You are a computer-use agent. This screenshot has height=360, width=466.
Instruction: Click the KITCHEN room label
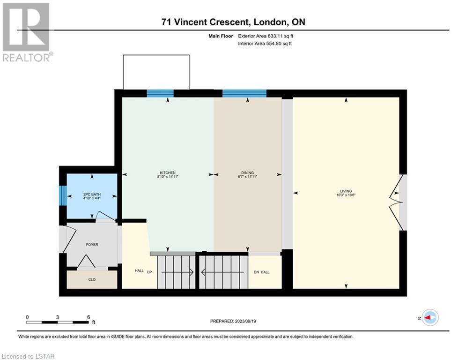pyautogui.click(x=168, y=172)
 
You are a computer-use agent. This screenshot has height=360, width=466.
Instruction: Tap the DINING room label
pyautogui.click(x=248, y=172)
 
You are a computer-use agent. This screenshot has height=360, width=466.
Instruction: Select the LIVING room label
pyautogui.click(x=346, y=191)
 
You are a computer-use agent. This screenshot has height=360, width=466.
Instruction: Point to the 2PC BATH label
pyautogui.click(x=92, y=194)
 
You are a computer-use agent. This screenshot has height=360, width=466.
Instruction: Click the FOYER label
pyautogui.click(x=92, y=245)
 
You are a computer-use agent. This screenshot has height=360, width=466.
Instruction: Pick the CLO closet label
pyautogui.click(x=92, y=280)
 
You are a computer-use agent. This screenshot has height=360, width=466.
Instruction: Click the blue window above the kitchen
pyautogui.click(x=160, y=93)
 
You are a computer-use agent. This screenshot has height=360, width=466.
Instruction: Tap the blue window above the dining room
pyautogui.click(x=244, y=93)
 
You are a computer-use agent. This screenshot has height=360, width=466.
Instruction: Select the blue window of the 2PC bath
pyautogui.click(x=63, y=195)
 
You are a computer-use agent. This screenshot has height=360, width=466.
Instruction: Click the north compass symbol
pyautogui.click(x=430, y=318)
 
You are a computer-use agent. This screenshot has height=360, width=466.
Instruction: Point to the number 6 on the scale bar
pyautogui.click(x=88, y=317)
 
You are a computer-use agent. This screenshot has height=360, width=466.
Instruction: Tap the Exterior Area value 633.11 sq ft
pyautogui.click(x=281, y=36)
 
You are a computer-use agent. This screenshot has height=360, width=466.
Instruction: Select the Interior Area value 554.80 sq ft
pyautogui.click(x=279, y=44)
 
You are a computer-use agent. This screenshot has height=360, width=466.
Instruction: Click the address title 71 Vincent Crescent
pyautogui.click(x=205, y=22)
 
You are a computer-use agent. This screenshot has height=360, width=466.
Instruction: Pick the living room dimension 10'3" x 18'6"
pyautogui.click(x=346, y=195)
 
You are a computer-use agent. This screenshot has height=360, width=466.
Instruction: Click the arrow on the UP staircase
pyautogui.click(x=177, y=272)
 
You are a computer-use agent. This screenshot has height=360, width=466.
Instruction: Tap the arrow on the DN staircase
pyautogui.click(x=222, y=272)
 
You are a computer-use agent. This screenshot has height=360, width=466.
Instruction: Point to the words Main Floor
pyautogui.click(x=221, y=36)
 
